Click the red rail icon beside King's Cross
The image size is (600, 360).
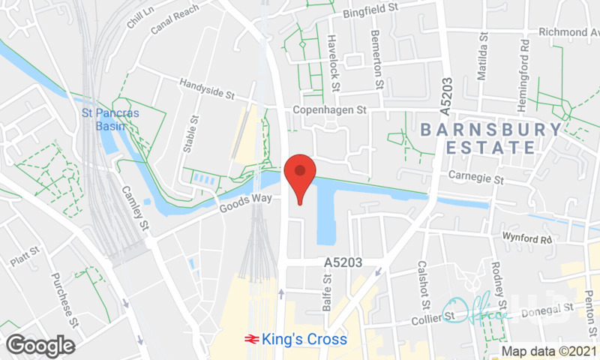[x=252, y=340]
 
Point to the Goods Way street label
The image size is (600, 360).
[x=244, y=203]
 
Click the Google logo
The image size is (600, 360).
[x=40, y=346]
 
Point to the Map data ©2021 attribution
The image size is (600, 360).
[x=549, y=351]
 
